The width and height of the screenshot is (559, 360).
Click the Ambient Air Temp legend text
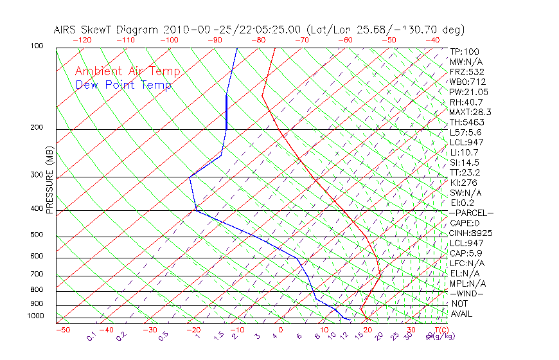click(127, 71)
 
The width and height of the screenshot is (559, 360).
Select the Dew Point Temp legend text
click(123, 85)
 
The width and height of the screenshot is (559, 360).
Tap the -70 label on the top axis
click(301, 40)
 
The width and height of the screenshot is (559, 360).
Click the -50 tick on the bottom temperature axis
click(62, 330)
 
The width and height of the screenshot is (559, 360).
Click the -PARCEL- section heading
click(471, 213)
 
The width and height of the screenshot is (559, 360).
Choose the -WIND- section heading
click(467, 293)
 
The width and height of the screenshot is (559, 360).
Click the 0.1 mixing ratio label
click(92, 336)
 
